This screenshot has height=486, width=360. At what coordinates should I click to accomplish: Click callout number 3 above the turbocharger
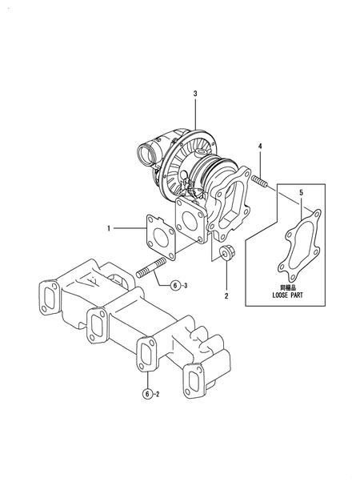pos(195,94)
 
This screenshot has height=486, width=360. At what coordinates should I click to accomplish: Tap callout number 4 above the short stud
pos(260,147)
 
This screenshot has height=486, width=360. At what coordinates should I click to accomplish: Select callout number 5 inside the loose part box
pos(301,193)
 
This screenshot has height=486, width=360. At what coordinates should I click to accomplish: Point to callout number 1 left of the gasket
pos(109,228)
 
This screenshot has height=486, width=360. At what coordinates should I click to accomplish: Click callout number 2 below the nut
pos(226,296)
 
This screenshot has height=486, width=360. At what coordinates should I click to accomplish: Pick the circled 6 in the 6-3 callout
pos(176,286)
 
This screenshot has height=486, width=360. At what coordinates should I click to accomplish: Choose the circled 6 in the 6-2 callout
pos(147,394)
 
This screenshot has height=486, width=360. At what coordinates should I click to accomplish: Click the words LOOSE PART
pos(287,295)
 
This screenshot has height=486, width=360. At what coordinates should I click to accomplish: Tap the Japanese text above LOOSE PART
pos(287,288)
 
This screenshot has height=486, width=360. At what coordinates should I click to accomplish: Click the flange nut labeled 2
pos(227,253)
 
